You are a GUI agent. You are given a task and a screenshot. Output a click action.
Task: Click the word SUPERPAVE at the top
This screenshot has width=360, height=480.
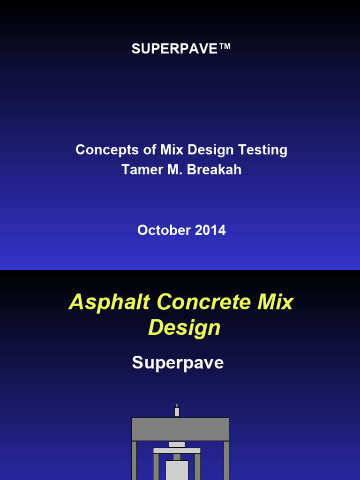click(x=175, y=49)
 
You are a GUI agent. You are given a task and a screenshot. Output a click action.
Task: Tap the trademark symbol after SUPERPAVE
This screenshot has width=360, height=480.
click(x=225, y=47)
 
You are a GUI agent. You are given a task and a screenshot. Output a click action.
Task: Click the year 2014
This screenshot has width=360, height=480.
click(x=209, y=230)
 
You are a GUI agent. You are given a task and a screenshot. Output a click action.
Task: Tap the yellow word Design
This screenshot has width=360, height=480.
click(x=184, y=328)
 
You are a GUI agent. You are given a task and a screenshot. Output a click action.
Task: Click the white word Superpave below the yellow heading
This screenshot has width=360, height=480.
click(x=178, y=362)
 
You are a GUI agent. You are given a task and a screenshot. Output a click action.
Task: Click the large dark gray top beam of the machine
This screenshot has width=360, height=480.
click(x=180, y=429)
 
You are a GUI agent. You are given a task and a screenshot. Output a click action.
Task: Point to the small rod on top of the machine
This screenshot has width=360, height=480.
click(x=177, y=411)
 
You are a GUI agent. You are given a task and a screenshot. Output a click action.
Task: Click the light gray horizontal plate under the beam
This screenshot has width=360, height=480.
click(x=177, y=450)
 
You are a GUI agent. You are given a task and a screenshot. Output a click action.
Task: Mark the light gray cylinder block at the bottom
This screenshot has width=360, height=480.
click(x=177, y=470)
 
